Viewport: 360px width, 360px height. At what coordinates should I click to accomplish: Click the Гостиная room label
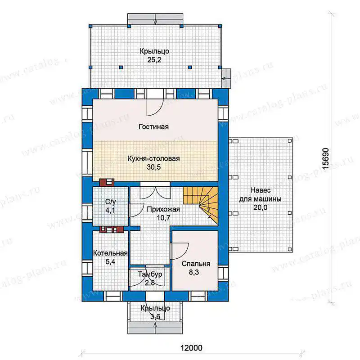click(x=153, y=127)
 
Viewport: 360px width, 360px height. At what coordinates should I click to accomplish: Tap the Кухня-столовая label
click(x=153, y=159)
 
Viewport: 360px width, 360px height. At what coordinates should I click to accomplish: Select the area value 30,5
click(x=153, y=167)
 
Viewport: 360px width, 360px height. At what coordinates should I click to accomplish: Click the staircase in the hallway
click(x=200, y=202)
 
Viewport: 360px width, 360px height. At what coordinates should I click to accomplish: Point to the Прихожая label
click(x=163, y=209)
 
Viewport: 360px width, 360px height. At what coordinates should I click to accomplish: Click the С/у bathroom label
click(x=110, y=202)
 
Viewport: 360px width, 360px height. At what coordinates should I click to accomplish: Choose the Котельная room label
click(x=110, y=253)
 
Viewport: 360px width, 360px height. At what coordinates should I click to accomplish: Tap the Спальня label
click(x=196, y=264)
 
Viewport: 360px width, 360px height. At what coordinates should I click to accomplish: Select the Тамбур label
click(x=150, y=274)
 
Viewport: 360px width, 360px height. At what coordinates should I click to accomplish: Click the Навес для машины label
click(x=260, y=194)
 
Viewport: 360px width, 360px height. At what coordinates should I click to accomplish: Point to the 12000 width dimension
click(x=192, y=348)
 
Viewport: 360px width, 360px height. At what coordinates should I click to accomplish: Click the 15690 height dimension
click(x=325, y=159)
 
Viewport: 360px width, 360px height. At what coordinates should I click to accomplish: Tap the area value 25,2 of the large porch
click(x=154, y=60)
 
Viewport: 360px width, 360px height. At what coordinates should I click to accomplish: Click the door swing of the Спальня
click(x=181, y=251)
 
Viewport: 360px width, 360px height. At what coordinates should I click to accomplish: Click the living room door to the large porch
click(x=155, y=107)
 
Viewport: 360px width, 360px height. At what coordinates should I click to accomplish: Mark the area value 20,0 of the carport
click(x=260, y=207)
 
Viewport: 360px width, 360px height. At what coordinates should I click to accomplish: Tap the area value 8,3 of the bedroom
click(x=194, y=272)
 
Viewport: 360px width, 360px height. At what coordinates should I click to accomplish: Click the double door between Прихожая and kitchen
click(x=155, y=193)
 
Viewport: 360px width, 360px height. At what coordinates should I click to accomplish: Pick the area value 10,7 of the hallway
click(x=163, y=218)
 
